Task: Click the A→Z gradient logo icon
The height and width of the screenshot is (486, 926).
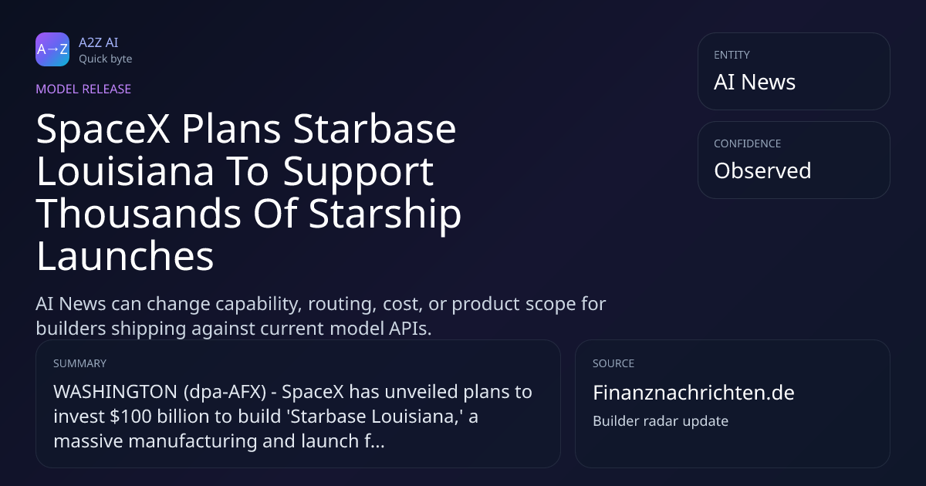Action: tap(52, 49)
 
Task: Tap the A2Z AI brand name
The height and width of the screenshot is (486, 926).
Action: tap(99, 42)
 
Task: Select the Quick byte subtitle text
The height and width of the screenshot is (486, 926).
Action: tap(106, 59)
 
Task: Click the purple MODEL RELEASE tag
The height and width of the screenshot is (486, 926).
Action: tap(83, 89)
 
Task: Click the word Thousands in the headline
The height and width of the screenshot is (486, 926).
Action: tap(138, 213)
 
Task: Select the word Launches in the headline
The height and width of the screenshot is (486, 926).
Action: tap(125, 256)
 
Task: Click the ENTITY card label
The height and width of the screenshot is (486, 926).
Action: tap(732, 55)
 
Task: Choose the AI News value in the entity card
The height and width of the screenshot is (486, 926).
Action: tap(755, 82)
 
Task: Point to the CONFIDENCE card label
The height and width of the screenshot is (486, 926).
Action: tap(748, 143)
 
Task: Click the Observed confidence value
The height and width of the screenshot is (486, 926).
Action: tap(762, 170)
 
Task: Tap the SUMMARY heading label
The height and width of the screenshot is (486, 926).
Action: tap(79, 363)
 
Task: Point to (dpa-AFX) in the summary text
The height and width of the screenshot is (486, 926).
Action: tap(225, 392)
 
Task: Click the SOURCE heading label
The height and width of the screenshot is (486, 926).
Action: tap(613, 363)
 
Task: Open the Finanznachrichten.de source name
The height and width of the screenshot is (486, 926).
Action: tap(694, 393)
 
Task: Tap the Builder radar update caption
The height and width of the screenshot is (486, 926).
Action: tap(661, 421)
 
